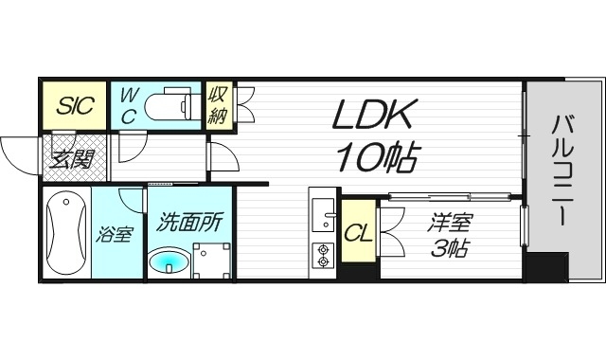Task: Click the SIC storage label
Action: [74, 104]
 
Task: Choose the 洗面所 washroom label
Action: [189, 224]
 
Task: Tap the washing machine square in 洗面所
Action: [212, 261]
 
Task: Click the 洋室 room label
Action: [449, 224]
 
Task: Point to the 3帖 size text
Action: [449, 250]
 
